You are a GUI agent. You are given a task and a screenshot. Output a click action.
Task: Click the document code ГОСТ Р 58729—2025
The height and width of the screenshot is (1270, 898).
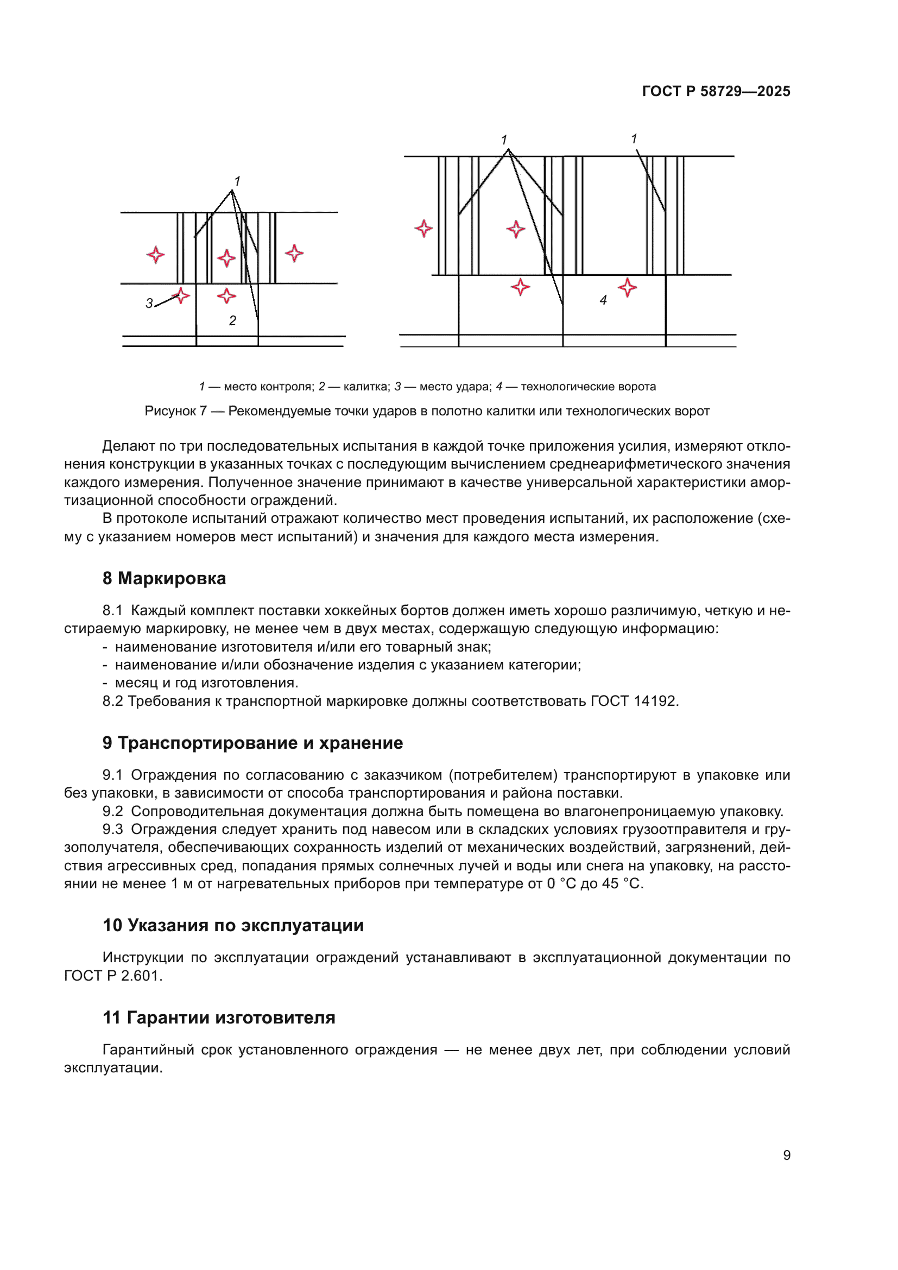tap(716, 91)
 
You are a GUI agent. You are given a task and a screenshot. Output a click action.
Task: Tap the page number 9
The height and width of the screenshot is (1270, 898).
tap(786, 1155)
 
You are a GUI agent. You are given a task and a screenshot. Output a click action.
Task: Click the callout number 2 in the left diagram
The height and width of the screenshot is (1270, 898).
tap(232, 321)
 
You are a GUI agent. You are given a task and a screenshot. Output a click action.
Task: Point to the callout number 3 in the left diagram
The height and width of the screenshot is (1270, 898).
tap(149, 303)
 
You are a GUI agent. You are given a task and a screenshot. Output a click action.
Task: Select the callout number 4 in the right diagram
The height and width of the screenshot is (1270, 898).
tap(603, 300)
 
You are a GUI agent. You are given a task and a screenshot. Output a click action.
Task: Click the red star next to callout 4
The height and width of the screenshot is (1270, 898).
tap(627, 288)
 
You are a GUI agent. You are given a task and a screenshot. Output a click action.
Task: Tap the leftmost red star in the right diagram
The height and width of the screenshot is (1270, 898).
tap(423, 229)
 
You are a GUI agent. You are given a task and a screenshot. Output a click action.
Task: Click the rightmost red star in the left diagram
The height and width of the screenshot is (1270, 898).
tap(294, 254)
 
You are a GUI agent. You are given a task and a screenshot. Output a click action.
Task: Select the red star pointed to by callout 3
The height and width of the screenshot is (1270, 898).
tap(181, 295)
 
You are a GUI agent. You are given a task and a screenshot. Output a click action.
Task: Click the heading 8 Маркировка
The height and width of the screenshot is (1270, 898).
tap(164, 579)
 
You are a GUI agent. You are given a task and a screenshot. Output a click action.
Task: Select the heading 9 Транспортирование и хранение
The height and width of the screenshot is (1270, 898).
tap(252, 743)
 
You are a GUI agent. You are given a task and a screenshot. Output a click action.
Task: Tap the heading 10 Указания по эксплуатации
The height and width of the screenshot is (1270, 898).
tap(233, 925)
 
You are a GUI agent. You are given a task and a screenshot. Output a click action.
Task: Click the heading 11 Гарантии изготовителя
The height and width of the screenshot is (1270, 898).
tap(219, 1018)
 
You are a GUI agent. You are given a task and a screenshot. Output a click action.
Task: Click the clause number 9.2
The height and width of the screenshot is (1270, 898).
tap(113, 811)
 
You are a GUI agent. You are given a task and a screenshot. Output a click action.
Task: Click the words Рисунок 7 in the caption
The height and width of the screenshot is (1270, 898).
tap(175, 411)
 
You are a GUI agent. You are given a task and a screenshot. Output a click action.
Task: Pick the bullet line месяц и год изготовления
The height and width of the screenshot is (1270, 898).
tap(206, 683)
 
